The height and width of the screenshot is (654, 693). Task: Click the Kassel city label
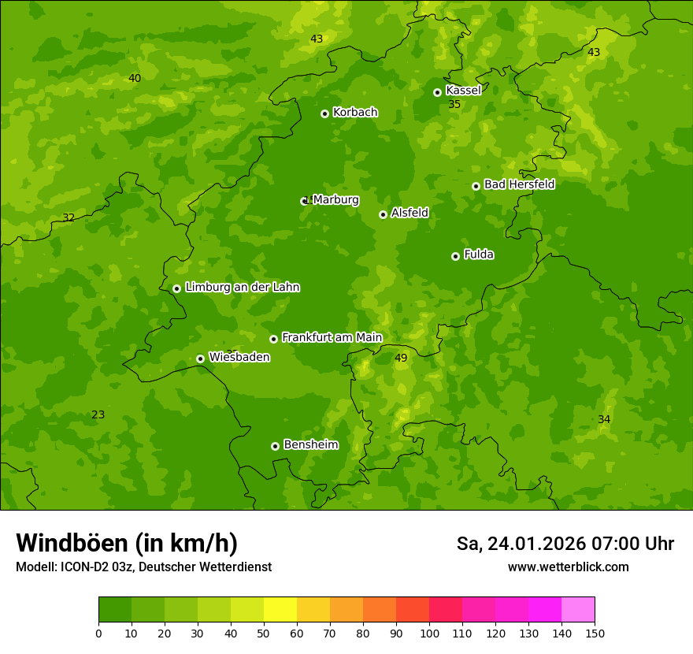463,91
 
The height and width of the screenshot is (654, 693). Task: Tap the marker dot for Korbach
324,113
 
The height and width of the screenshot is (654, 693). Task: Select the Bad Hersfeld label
519,184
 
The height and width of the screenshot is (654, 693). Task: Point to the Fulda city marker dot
455,256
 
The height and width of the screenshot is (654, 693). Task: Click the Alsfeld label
409,213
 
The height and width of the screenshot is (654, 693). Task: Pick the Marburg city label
335,200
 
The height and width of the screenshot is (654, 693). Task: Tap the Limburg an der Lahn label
242,288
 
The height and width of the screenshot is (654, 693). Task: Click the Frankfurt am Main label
332,337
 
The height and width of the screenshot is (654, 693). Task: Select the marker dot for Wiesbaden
200,359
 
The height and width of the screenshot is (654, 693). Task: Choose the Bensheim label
310,444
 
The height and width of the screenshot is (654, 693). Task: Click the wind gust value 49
401,358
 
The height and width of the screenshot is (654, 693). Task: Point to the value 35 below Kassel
454,104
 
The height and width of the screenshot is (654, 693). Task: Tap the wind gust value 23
98,414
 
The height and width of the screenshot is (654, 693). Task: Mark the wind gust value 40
135,78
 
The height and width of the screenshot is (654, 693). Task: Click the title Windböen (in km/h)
127,543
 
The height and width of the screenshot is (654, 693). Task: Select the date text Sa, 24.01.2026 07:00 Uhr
565,544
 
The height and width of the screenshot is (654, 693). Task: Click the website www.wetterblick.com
568,567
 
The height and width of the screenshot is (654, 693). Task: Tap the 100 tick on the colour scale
429,633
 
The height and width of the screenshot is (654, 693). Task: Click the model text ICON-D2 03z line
143,567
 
